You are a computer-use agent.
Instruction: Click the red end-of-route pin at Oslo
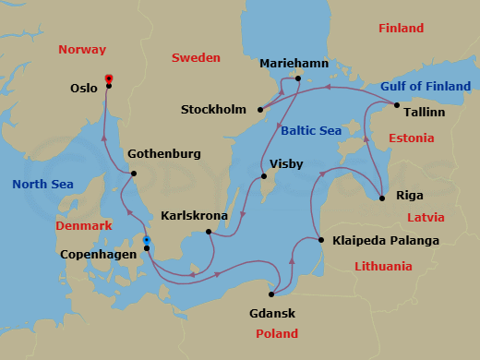coord(109,79)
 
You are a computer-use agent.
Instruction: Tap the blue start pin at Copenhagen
coord(146,241)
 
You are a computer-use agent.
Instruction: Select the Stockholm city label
coord(213,110)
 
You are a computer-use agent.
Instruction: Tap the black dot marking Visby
coord(264,176)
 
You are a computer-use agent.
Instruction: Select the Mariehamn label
coord(294,64)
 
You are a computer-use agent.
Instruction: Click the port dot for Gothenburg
coord(134,174)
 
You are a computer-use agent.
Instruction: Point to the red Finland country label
coord(401,29)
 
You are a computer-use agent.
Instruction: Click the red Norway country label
coord(82,50)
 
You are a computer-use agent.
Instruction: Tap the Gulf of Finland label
coord(426,87)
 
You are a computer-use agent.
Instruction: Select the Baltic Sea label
coord(311,131)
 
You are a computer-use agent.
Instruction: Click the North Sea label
coord(42,185)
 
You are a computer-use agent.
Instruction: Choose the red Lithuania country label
coord(383,267)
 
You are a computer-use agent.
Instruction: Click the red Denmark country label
coord(84,225)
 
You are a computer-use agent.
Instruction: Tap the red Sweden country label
coord(196,58)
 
